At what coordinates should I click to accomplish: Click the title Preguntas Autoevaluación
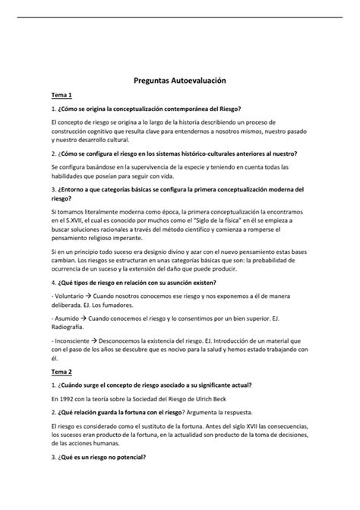[180, 79]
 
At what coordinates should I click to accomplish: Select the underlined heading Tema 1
[62, 97]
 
